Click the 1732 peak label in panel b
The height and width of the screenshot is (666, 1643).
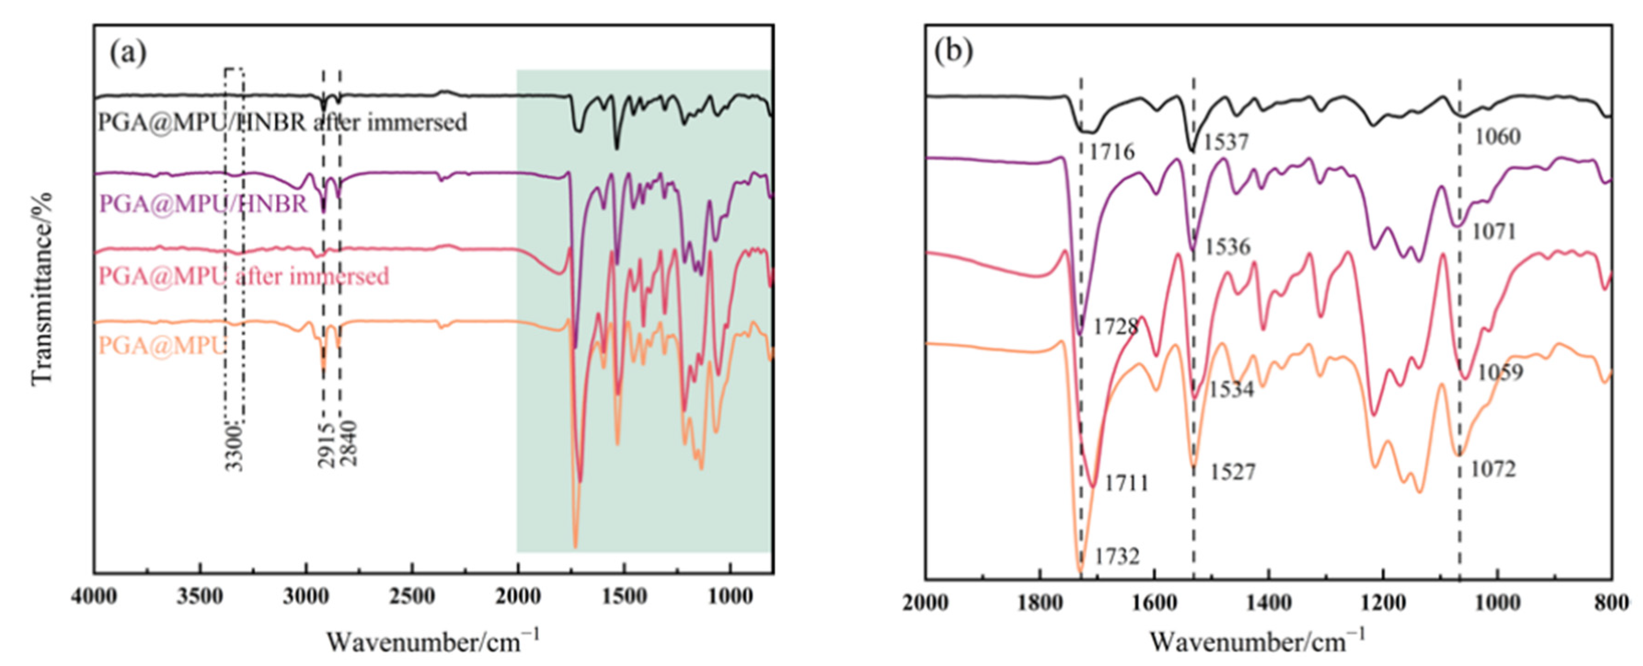[1117, 557]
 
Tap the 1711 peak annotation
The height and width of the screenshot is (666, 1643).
[1126, 483]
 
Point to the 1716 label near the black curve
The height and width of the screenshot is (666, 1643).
[1112, 152]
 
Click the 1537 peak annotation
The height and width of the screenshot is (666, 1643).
[1225, 142]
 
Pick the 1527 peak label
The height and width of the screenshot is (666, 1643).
[1233, 472]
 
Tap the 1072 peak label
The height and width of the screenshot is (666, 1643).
[1493, 470]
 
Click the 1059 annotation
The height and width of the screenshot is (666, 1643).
[1500, 372]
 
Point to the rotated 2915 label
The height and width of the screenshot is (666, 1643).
[326, 445]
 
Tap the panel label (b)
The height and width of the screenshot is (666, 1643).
[954, 51]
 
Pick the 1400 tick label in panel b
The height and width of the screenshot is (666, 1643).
[1269, 602]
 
